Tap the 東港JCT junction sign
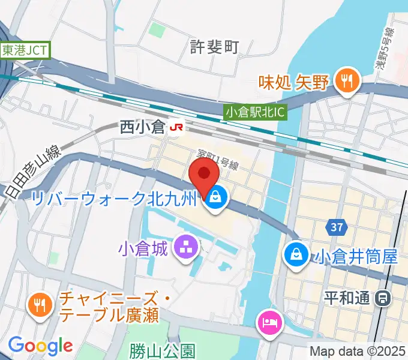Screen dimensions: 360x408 click(25, 50)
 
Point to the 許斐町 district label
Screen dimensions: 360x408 click(214, 47)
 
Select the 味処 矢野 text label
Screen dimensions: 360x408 click(294, 82)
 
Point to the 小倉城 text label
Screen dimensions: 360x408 click(142, 247)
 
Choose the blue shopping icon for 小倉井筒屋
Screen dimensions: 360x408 click(296, 253)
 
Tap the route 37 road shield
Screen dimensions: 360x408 click(336, 227)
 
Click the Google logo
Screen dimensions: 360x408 click(40, 345)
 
